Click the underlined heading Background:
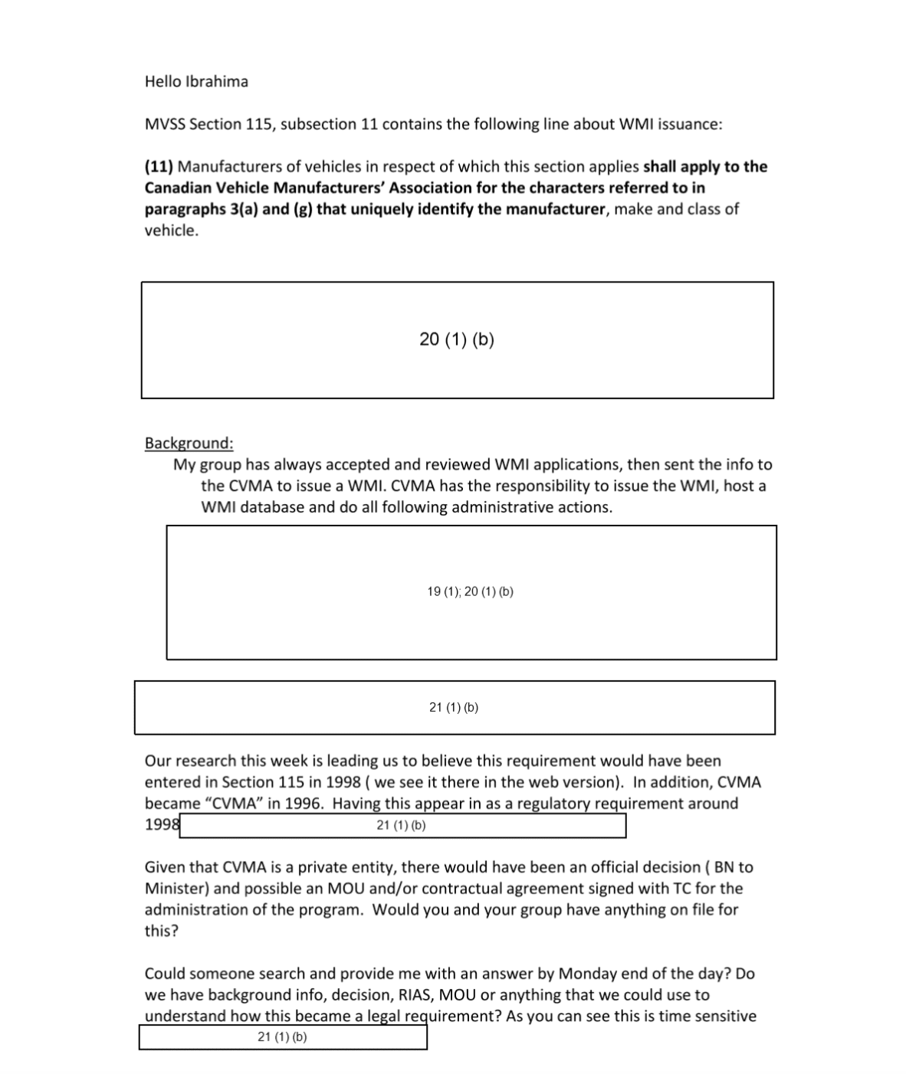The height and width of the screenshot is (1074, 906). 189,443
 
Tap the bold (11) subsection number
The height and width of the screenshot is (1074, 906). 159,166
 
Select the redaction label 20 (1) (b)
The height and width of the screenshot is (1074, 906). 456,339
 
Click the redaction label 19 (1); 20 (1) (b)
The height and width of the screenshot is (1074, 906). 470,591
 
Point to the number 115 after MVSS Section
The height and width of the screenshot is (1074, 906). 259,124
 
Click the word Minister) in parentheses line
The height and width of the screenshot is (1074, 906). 176,889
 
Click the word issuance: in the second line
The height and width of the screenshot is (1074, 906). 689,124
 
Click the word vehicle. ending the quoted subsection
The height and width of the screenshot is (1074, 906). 172,231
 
